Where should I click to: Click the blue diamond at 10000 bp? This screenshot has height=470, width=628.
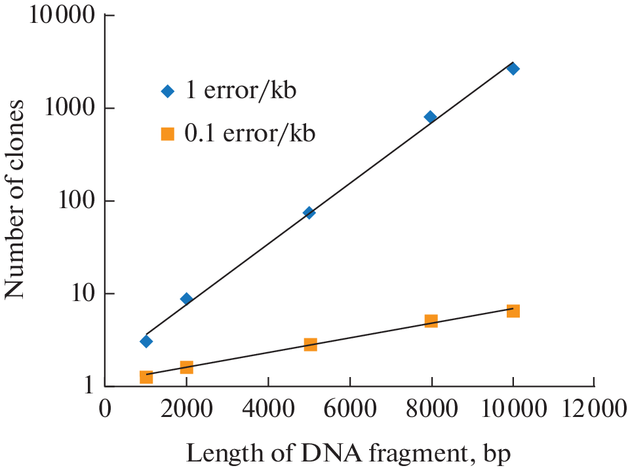click(513, 69)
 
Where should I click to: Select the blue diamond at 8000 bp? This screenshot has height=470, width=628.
click(431, 117)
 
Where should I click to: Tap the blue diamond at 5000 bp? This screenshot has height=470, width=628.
click(309, 213)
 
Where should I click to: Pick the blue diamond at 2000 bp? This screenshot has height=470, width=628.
click(186, 299)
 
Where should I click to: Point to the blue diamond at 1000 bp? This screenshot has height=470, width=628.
click(146, 341)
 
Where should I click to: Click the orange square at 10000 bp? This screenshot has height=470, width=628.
click(513, 311)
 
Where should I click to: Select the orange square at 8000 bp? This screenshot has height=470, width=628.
click(431, 321)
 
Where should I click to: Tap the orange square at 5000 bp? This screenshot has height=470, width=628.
click(310, 344)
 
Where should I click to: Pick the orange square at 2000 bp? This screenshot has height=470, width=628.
click(186, 367)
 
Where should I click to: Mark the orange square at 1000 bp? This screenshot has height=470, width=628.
click(146, 377)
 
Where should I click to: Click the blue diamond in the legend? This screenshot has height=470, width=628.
click(167, 91)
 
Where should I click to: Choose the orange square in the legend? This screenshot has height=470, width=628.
click(167, 134)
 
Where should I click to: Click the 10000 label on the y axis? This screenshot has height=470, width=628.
click(60, 16)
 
